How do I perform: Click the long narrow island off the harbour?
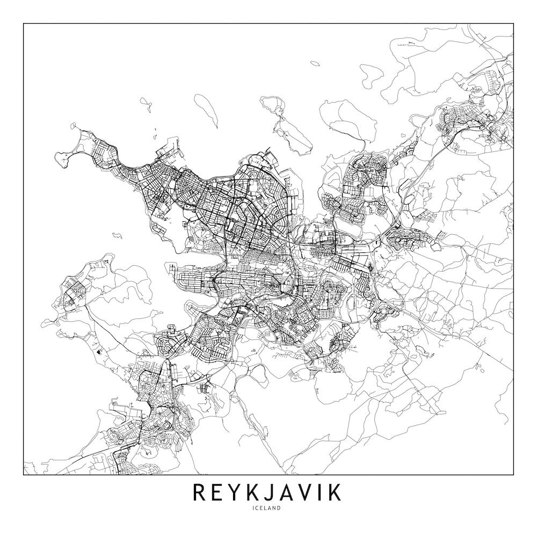pos(206,111)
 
